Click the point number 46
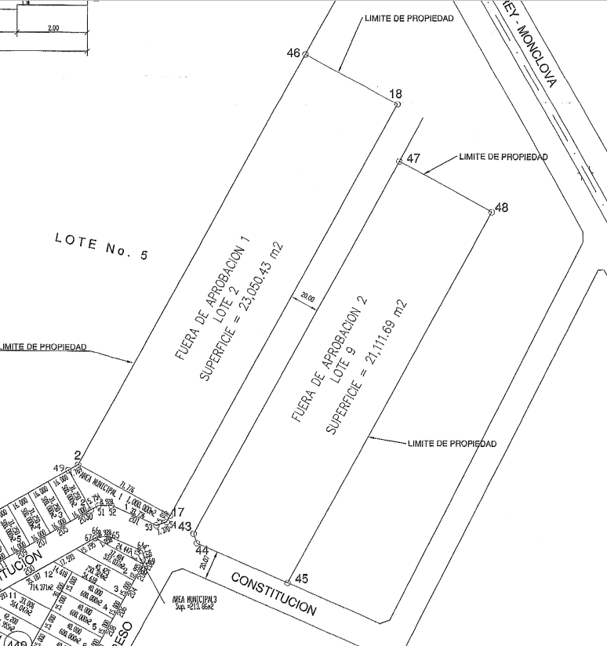point(293,53)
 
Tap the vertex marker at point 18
point(398,103)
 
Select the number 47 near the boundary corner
point(413,158)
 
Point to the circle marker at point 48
point(490,212)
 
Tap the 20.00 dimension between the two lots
point(307,298)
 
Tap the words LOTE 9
point(346,365)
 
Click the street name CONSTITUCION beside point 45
point(274,593)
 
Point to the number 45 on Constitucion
point(301,579)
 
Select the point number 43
point(185,526)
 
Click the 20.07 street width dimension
point(205,559)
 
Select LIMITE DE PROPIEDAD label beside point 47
point(503,157)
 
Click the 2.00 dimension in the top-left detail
point(53,28)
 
